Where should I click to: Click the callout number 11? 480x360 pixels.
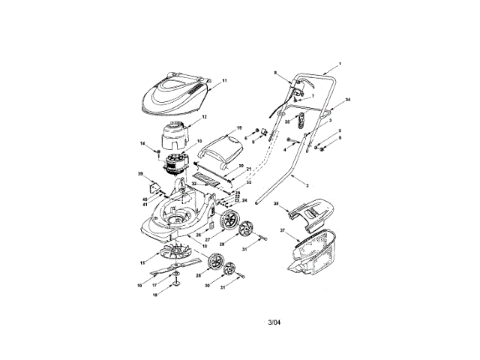point(224,80)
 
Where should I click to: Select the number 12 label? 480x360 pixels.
point(204,117)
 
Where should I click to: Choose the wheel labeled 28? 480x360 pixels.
point(217,264)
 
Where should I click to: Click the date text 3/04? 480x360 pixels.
point(276,324)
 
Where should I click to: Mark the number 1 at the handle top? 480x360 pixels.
point(340,64)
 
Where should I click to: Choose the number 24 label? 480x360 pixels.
point(244,200)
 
